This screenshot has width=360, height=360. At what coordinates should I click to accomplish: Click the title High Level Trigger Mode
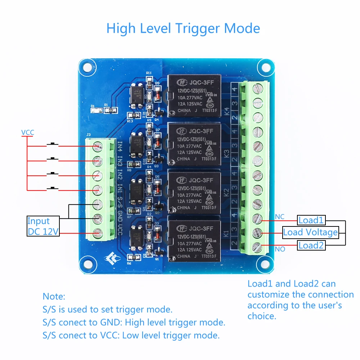click(183, 28)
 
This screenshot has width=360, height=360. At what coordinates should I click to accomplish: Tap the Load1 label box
click(311, 220)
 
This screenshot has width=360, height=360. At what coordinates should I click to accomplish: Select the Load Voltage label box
click(310, 232)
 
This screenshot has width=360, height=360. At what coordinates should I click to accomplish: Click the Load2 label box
click(311, 246)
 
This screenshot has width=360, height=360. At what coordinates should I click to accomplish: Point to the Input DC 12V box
click(43, 226)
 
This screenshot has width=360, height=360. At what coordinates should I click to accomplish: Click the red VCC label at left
click(27, 132)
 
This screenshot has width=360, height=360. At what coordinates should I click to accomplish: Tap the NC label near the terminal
click(279, 217)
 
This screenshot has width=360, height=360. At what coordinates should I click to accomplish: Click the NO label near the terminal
click(279, 249)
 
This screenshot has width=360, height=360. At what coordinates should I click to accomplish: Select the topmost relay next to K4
click(194, 96)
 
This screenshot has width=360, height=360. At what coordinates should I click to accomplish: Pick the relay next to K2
click(194, 193)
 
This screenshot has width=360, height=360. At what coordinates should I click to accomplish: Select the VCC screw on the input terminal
click(97, 233)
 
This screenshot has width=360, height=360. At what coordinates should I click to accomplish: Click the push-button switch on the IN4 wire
click(53, 145)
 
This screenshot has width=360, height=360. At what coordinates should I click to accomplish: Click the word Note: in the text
click(54, 297)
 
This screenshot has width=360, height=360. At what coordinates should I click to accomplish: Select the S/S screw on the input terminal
click(97, 204)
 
